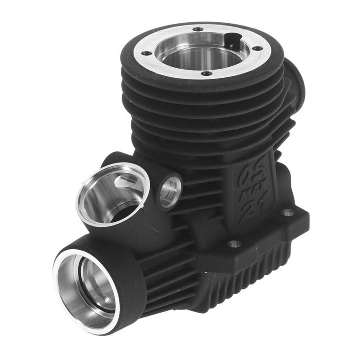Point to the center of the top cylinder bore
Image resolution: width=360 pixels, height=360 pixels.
(x=201, y=52)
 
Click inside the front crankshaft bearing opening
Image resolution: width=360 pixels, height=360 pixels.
(x=90, y=287)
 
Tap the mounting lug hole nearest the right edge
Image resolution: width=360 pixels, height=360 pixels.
(x=288, y=213)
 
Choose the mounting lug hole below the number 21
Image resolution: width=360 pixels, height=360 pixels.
(x=234, y=244)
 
